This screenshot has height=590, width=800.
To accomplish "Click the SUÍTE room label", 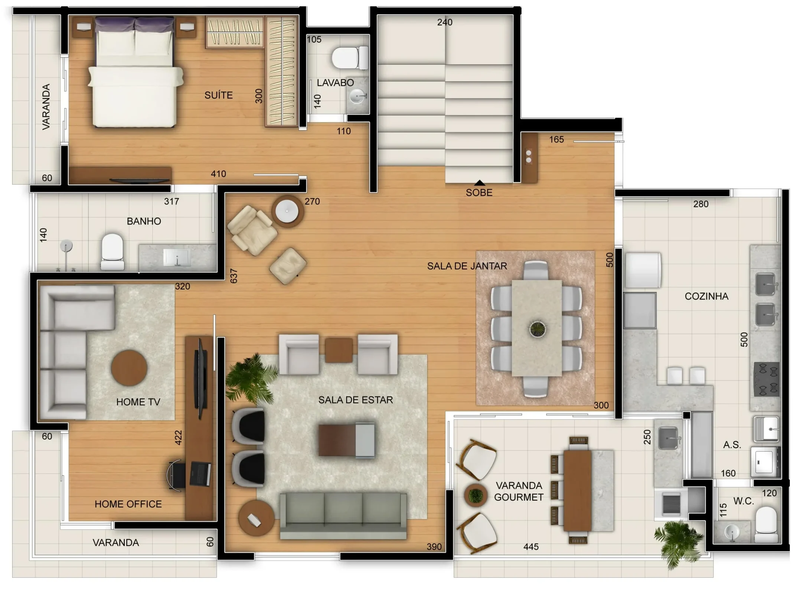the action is tap(219, 95).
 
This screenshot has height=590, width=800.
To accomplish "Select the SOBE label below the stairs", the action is tap(479, 193).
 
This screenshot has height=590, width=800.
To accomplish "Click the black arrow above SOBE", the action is tap(480, 183).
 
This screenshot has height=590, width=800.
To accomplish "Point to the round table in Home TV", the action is tap(129, 368).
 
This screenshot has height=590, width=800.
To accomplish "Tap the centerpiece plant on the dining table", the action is tap(537, 328).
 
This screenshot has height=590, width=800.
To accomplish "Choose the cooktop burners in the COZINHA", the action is tap(767, 379).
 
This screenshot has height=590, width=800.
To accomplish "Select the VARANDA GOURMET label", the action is tap(519, 491).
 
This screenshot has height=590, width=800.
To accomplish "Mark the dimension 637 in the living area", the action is tap(234, 276).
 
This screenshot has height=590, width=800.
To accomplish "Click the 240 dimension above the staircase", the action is tap(445, 22).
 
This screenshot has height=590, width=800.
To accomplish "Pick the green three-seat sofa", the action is tap(343, 516).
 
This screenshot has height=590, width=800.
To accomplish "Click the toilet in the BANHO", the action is tap(112, 252).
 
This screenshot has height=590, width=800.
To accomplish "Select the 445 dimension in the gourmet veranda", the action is tap(531, 547).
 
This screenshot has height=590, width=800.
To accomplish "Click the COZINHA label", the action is tap(706, 296).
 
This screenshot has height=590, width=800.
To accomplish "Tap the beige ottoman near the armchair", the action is tap(288, 266).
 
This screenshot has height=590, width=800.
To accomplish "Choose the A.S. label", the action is tap(732, 445).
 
